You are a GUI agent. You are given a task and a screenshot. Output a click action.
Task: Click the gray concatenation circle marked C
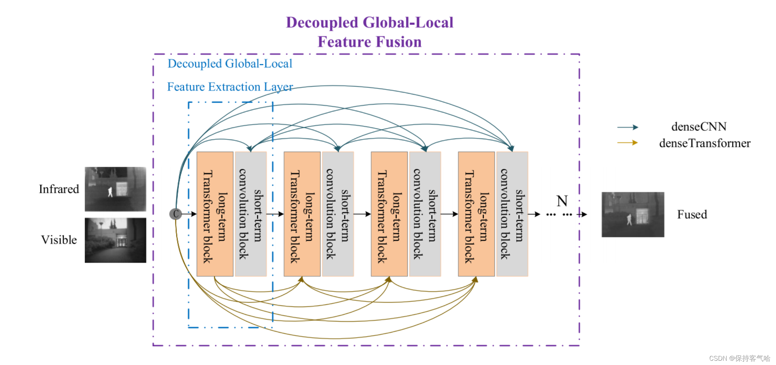[x=175, y=214]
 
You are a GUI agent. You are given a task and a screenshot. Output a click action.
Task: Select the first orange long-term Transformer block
[x=215, y=214]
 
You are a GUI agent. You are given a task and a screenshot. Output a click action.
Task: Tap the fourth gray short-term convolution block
[x=512, y=214]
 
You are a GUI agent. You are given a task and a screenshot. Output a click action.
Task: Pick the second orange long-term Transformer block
[x=302, y=214]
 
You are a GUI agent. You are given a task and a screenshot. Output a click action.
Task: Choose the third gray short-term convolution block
[x=425, y=214]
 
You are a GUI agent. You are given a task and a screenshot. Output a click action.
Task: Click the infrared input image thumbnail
[x=115, y=189]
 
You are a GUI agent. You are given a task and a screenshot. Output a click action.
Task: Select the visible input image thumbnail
[x=115, y=240]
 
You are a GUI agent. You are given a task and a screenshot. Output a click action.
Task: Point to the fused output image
[x=633, y=215]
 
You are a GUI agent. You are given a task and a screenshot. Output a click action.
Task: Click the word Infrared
[x=59, y=189]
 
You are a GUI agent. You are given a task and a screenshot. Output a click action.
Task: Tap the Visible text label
[x=59, y=240]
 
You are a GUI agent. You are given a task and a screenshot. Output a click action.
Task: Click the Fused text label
[x=692, y=215]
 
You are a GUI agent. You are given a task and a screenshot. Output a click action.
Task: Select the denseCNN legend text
[x=699, y=127]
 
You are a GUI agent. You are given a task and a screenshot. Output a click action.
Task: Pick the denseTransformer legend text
[x=705, y=143]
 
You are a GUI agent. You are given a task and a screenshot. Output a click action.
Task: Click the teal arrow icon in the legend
[x=628, y=127]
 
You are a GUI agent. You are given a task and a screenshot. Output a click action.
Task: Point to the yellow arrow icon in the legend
[x=628, y=143]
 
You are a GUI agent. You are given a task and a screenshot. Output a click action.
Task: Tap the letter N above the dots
[x=562, y=201]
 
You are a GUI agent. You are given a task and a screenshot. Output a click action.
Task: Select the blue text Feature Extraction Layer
[x=230, y=87]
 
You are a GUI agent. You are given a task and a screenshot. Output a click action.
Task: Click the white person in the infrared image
[x=110, y=192]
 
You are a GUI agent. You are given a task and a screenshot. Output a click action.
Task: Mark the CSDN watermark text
[x=739, y=358]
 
